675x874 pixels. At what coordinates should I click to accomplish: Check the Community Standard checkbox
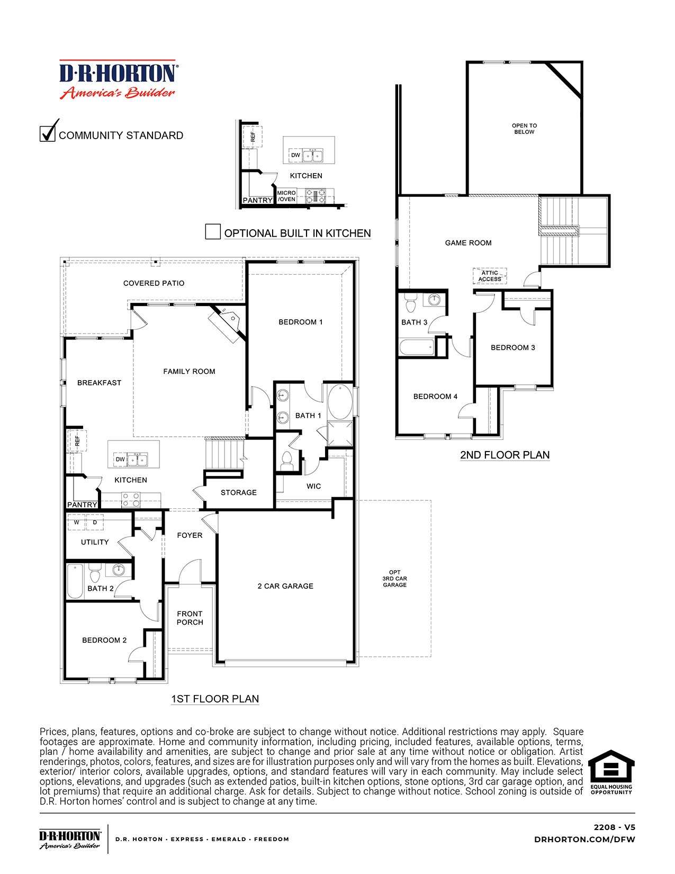[x=48, y=133]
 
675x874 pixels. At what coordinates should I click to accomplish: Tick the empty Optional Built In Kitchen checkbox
[x=213, y=232]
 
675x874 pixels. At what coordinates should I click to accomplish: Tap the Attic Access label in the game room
[x=490, y=276]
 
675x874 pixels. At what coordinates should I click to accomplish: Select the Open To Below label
[x=524, y=129]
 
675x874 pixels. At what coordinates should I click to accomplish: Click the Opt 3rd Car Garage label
[x=395, y=579]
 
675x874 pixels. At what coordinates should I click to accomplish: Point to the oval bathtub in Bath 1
[x=340, y=402]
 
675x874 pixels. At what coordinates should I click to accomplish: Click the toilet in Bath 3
[x=411, y=304]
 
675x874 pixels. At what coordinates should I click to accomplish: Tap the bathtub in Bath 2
[x=75, y=581]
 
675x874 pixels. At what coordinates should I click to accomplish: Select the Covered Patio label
[x=154, y=283]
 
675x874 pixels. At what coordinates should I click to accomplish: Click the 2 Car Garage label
[x=285, y=586]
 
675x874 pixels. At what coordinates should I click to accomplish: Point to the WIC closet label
[x=313, y=486]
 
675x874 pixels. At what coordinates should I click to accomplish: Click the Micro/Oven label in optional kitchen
[x=286, y=196]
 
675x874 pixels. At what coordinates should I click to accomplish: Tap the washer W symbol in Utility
[x=77, y=522]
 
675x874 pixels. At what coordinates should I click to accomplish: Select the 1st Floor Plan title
[x=215, y=699]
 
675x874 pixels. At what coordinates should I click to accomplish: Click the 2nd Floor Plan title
[x=505, y=455]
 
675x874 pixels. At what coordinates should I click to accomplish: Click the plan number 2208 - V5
[x=614, y=827]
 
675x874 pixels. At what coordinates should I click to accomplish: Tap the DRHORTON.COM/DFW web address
[x=584, y=839]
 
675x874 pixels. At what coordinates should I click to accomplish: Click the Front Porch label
[x=190, y=618]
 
